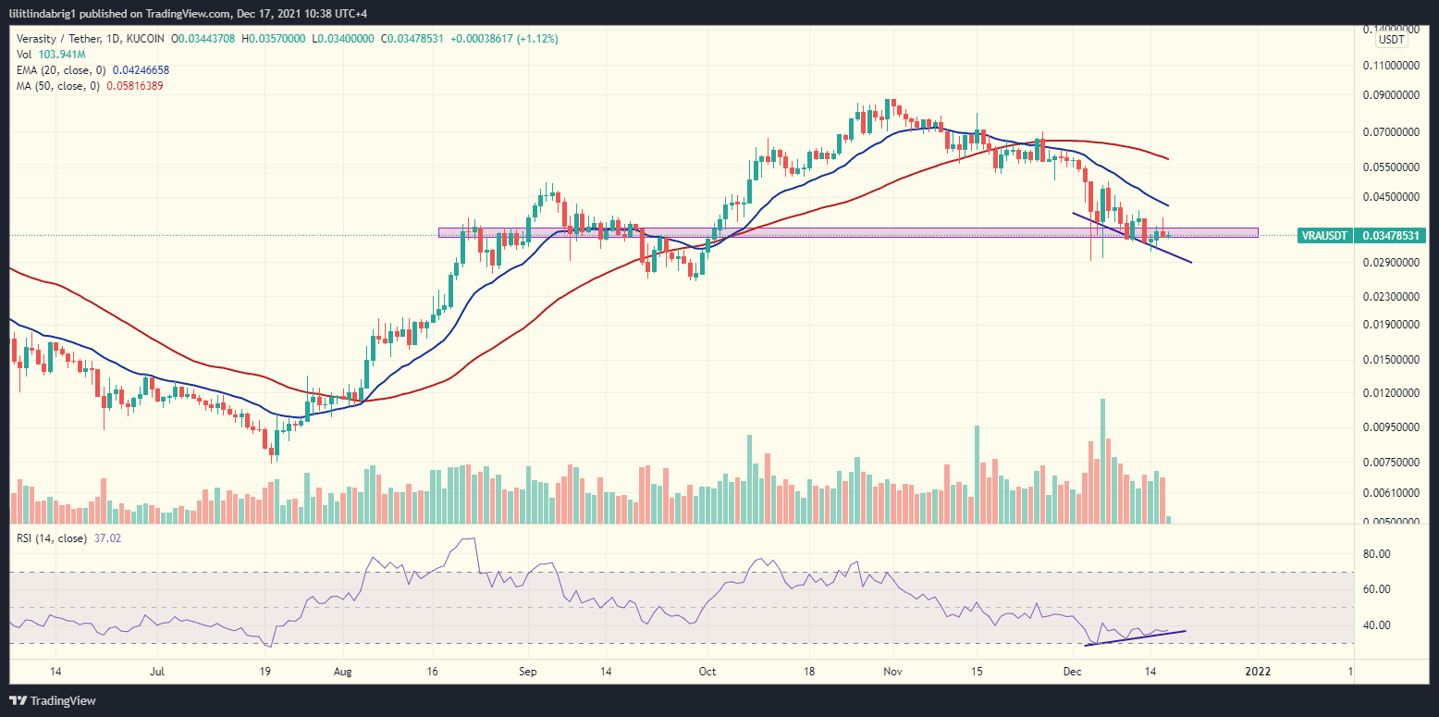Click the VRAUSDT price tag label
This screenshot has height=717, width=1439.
pos(1325,236)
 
